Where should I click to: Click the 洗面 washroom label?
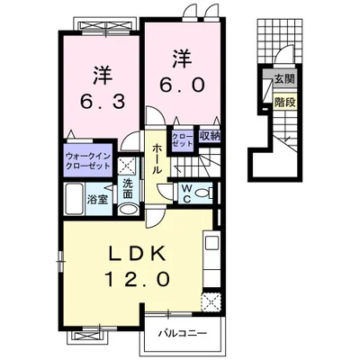(129, 189)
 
